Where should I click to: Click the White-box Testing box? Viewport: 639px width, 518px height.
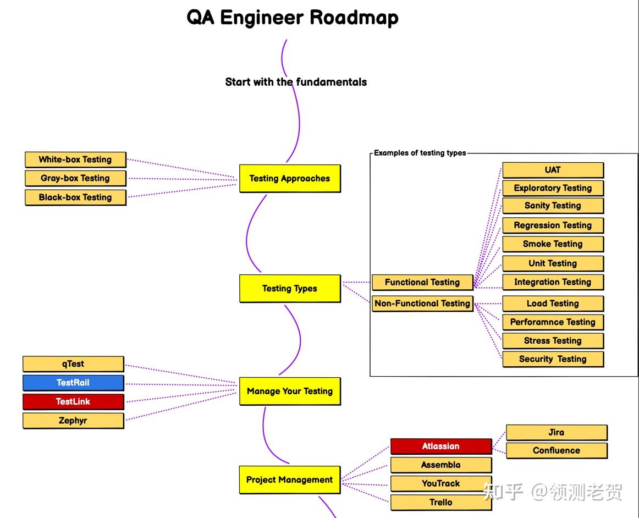coord(75,159)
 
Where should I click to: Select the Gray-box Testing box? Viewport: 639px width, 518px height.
coord(75,178)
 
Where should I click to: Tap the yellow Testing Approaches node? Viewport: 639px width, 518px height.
coord(290,179)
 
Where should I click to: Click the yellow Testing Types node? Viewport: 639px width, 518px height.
coord(290,289)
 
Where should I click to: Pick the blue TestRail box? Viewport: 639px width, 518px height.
coord(73,383)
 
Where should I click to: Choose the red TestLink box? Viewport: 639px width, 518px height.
coord(73,401)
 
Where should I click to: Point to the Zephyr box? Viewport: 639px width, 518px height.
coord(73,421)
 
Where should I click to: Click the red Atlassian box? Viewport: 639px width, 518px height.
coord(441,447)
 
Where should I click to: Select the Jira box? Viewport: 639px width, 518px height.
coord(557,432)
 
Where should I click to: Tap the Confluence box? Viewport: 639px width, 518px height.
coord(557,451)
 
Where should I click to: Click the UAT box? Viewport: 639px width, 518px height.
coord(553,170)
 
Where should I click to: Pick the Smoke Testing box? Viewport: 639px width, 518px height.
coord(553,244)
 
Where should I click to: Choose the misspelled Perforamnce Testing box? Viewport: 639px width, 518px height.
coord(553,322)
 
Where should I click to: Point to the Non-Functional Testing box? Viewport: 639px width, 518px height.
coord(422,304)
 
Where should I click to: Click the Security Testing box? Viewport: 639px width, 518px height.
coord(553,359)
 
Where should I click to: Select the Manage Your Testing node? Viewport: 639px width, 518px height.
coord(290,392)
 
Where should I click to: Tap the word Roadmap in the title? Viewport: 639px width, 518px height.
coord(354,18)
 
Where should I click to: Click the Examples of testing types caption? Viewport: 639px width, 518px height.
coord(420,153)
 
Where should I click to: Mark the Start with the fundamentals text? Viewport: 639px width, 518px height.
coord(296,82)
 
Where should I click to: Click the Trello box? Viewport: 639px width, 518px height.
coord(441,503)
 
